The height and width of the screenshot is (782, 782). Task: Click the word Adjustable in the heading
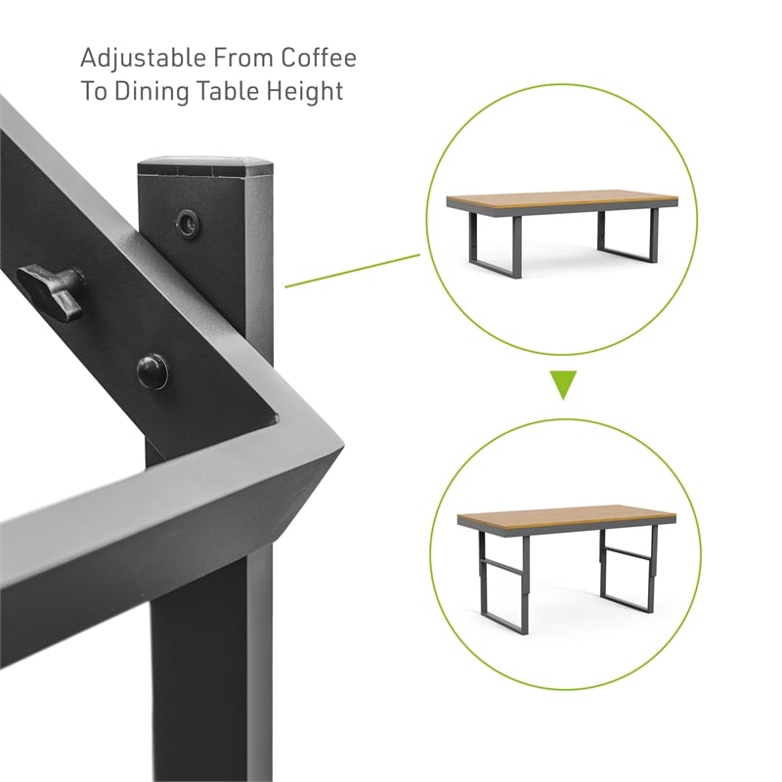point(143,60)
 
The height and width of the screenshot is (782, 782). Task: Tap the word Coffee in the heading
point(319,58)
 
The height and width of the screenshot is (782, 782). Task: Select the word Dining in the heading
point(152,92)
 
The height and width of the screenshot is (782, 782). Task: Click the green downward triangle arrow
point(563,384)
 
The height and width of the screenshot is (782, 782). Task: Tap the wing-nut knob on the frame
point(51,290)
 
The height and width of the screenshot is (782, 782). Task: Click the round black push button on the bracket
point(152,370)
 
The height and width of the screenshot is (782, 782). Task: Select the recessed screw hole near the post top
point(187,222)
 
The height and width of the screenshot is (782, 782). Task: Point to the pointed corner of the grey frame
point(344,446)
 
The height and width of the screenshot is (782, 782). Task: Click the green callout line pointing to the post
point(352,271)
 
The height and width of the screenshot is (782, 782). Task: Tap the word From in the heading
point(243,58)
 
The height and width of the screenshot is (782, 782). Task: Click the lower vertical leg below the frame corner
point(212,664)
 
